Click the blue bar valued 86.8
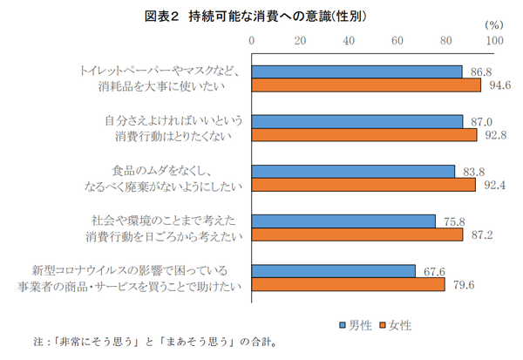click(357, 71)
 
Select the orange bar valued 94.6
click(367, 85)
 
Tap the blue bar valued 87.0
click(357, 121)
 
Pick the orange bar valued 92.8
click(364, 135)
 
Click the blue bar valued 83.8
click(354, 171)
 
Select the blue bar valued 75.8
click(344, 221)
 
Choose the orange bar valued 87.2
click(357, 234)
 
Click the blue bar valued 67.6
click(334, 271)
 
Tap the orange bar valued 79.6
click(349, 284)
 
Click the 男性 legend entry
click(355, 325)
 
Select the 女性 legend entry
click(394, 325)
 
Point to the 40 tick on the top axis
click(349, 41)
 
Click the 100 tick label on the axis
click(494, 41)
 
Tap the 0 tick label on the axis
click(252, 41)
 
